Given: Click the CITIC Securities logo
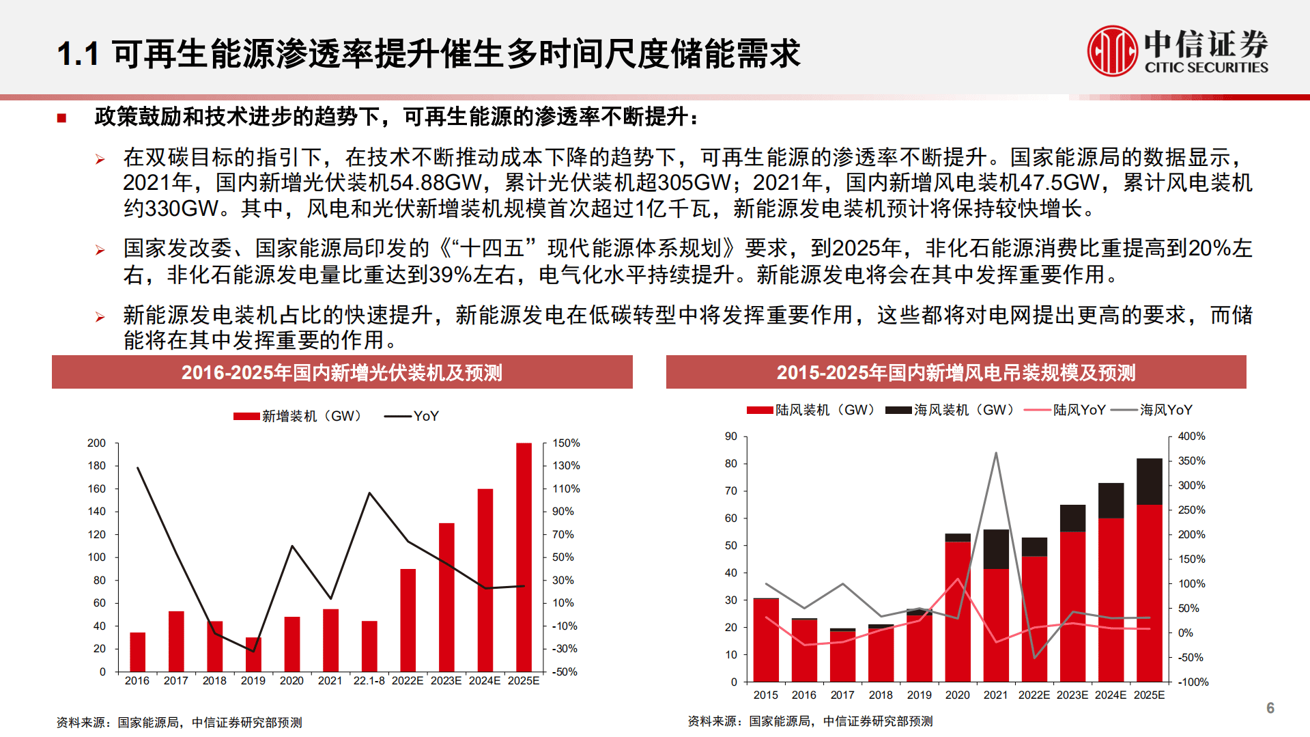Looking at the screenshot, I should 1177,51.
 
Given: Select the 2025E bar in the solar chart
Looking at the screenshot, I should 524,557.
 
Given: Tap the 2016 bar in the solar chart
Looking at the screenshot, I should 137,652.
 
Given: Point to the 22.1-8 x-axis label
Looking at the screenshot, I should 369,681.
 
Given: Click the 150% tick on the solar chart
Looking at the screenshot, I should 566,443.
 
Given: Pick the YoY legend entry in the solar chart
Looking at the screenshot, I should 412,416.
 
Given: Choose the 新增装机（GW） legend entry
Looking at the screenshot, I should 298,416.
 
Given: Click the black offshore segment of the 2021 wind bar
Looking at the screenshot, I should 996,549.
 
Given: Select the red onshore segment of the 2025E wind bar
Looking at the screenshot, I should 1149,593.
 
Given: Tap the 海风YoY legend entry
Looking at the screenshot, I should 1152,410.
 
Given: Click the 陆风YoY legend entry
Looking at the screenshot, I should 1065,410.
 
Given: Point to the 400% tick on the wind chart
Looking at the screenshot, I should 1191,436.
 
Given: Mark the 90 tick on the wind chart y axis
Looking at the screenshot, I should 731,436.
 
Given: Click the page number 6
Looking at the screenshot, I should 1270,708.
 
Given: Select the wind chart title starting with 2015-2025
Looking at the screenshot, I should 956,373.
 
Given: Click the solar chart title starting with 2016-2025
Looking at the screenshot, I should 342,373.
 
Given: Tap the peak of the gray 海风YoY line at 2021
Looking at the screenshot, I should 996,453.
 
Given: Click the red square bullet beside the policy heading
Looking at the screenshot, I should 61,118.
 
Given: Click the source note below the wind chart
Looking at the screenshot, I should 810,721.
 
